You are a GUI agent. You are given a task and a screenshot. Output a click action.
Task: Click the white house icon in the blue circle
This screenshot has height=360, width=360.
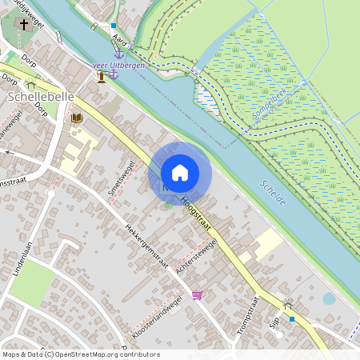click(180, 173)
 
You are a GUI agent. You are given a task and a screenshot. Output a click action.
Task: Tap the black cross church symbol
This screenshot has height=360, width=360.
click(23, 25)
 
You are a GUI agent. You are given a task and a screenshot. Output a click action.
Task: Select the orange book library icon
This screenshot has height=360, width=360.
click(77, 118)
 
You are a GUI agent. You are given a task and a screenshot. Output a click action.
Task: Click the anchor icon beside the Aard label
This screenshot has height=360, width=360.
click(118, 53)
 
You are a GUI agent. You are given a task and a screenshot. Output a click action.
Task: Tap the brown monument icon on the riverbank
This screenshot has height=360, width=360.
click(102, 77)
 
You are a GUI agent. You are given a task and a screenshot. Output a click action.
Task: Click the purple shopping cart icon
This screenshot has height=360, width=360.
click(198, 295)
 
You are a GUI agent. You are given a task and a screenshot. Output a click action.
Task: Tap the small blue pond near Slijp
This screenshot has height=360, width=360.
click(329, 298)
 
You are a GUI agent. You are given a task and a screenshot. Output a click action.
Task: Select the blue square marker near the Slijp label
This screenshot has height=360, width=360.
click(293, 318)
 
